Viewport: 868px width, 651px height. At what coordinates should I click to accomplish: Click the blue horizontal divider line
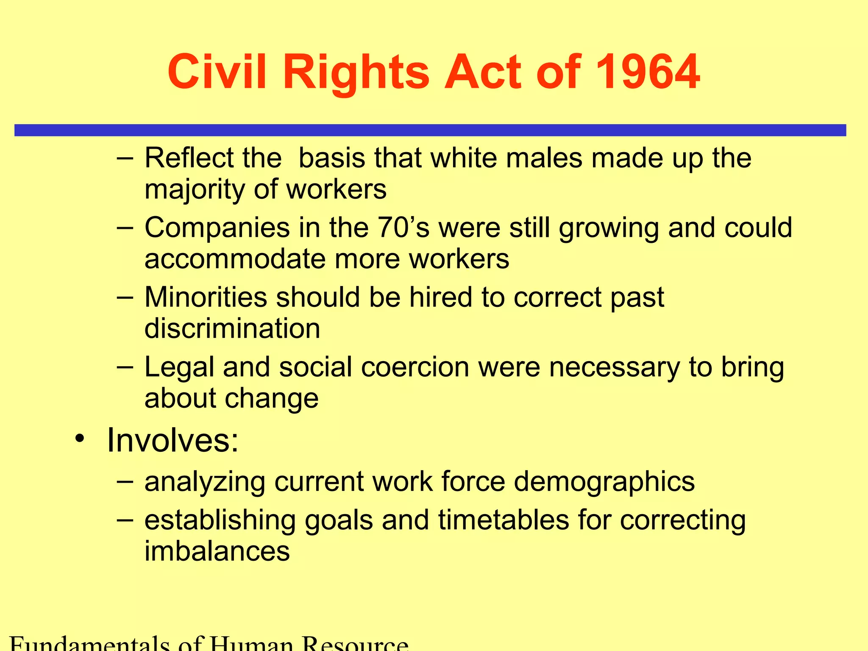coord(430,130)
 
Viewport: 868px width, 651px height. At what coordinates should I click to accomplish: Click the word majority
coord(194,190)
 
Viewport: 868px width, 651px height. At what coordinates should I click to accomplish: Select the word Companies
coord(217,228)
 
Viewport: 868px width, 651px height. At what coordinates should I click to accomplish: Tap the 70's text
coord(403,228)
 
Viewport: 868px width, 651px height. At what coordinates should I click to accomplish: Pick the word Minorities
coord(206,297)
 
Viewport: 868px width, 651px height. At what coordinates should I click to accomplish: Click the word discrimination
coord(232,328)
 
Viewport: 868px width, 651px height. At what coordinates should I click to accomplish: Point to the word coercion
coord(415,367)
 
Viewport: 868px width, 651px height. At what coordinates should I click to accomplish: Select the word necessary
coord(614,368)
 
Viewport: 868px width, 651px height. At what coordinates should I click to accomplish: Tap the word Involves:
coord(172,440)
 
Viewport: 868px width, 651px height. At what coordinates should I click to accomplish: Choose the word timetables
coord(503,520)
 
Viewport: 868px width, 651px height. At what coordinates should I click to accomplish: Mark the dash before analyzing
coord(125,481)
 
